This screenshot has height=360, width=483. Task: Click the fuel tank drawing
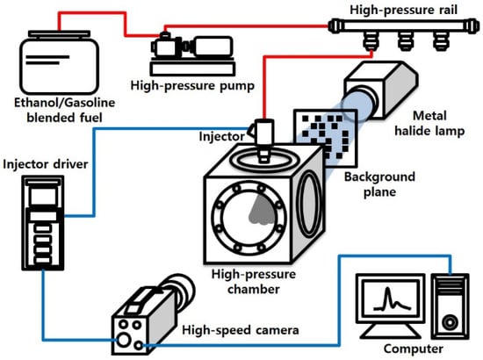(59, 62)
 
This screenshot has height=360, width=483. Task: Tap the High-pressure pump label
(192, 86)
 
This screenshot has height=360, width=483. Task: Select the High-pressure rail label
(404, 10)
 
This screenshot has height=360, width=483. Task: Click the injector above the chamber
(263, 140)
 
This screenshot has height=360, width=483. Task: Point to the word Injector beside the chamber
(222, 136)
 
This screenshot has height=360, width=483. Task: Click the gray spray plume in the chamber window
(262, 210)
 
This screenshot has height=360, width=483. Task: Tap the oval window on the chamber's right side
(309, 205)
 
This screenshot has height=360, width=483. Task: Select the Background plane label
(379, 184)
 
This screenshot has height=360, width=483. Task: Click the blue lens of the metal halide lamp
(358, 103)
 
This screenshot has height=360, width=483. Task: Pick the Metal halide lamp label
(429, 123)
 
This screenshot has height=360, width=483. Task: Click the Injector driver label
(46, 164)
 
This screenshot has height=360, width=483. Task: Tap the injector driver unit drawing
(43, 223)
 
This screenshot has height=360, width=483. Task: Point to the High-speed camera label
(241, 330)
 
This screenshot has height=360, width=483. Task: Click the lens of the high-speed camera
(181, 290)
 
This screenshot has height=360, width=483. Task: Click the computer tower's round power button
(450, 322)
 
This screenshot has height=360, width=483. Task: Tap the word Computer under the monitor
(414, 349)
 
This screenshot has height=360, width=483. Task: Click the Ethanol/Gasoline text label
(65, 103)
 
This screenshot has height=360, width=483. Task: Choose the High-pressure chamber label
(254, 282)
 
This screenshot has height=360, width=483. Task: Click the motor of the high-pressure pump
(213, 47)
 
